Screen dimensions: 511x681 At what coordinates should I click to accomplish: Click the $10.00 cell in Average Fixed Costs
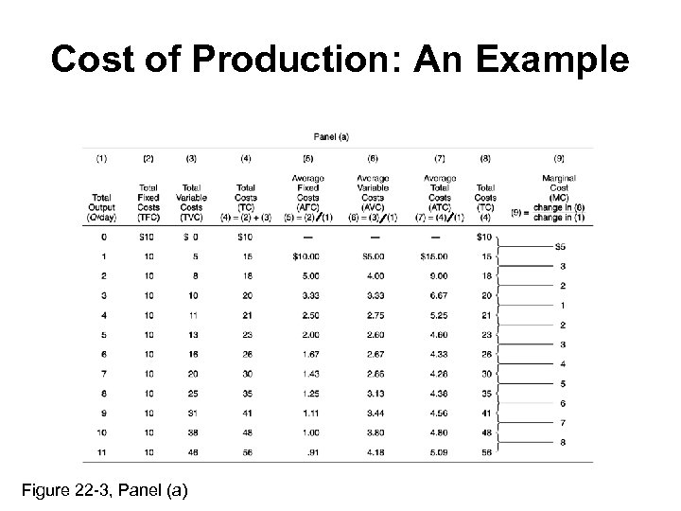click(x=308, y=255)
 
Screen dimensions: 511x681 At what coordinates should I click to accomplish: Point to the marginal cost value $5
click(x=562, y=246)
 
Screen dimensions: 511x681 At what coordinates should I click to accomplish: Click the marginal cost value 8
click(x=563, y=442)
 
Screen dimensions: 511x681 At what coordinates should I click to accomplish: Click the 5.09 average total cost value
click(x=437, y=452)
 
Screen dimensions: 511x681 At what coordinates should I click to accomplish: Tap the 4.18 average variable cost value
click(x=375, y=452)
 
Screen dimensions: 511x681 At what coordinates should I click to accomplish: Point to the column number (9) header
click(x=560, y=158)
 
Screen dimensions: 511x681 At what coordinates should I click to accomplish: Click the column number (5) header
click(x=308, y=158)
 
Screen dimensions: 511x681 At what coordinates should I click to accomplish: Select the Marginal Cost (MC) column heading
click(x=560, y=189)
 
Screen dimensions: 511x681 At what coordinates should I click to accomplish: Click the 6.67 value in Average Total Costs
click(x=437, y=295)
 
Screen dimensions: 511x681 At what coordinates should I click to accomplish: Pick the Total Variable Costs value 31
click(x=192, y=413)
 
